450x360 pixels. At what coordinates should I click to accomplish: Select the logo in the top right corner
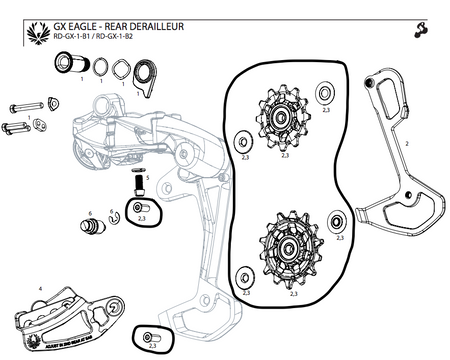[x=415, y=25]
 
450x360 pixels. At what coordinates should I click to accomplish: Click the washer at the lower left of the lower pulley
[x=241, y=275]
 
